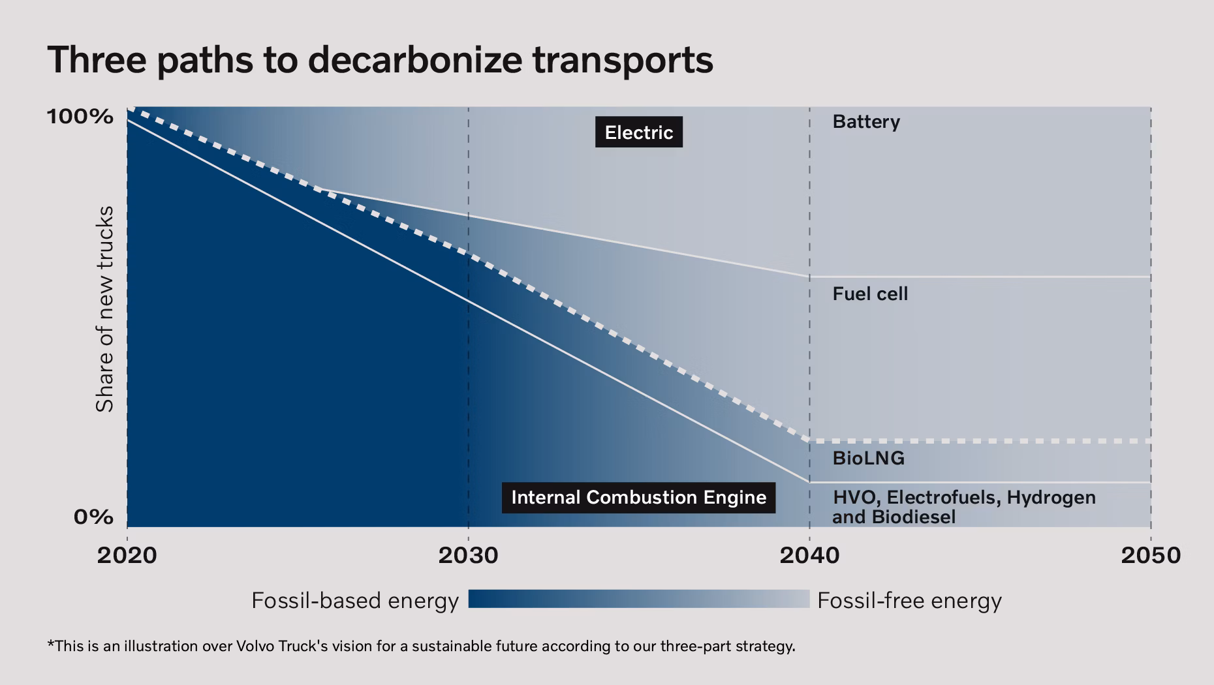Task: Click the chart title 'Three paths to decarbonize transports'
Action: (380, 60)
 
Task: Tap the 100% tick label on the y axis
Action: (80, 117)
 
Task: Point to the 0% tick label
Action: (93, 517)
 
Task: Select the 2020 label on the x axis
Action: (127, 555)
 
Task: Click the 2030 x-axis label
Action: (468, 555)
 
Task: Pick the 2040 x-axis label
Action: (809, 555)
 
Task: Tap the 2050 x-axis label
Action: (1151, 555)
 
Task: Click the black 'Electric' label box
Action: (639, 132)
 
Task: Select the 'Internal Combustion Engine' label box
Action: (639, 497)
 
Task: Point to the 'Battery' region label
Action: (866, 122)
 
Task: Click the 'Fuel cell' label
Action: (870, 294)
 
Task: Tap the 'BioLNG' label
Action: (869, 458)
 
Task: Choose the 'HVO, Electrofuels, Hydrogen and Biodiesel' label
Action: (964, 507)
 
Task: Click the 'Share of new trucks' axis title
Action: (104, 309)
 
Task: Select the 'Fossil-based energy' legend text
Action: (355, 600)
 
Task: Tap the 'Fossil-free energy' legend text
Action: (909, 600)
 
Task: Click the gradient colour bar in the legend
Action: (639, 599)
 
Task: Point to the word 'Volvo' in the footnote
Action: (255, 647)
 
